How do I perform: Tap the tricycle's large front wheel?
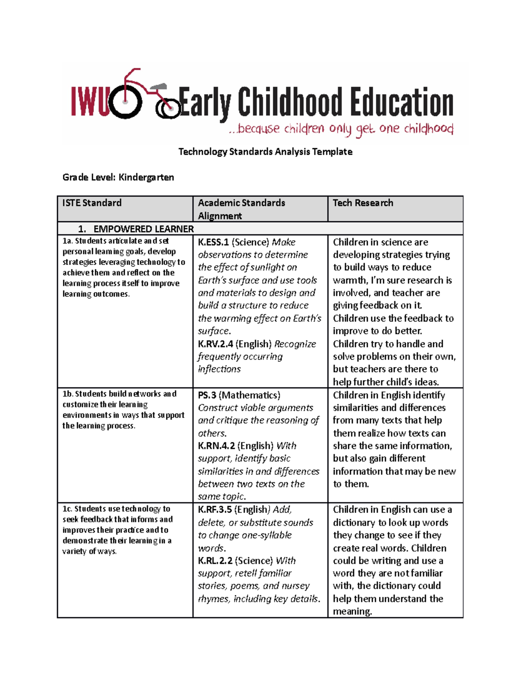coord(126,102)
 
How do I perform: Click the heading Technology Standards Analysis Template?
coord(265,152)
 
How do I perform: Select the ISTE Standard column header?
coord(92,203)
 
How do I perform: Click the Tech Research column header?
coord(363,203)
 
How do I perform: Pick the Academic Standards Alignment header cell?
coord(242,209)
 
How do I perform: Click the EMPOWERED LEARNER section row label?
coord(143,229)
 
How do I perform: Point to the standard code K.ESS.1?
coord(213,242)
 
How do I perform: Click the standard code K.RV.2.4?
coord(215,344)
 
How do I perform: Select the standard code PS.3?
coord(207,395)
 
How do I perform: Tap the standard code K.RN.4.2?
coord(216,446)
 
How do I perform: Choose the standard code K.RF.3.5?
coord(215,510)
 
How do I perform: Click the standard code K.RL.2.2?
coord(215,560)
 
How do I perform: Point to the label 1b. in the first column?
coord(68,394)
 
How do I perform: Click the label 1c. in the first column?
coord(67,509)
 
